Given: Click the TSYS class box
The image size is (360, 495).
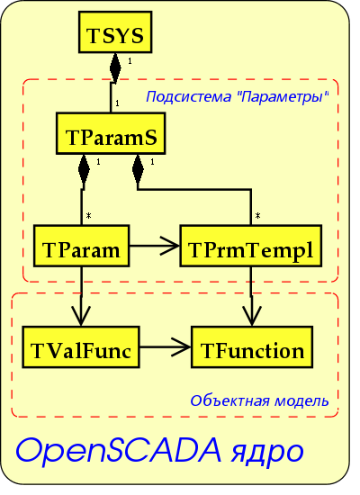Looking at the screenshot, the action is tap(115, 31).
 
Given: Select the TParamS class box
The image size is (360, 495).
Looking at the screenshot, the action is tap(111, 133).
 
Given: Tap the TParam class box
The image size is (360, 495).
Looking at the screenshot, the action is tap(82, 246).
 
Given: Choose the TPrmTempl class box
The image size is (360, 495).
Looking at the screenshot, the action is tap(251, 246).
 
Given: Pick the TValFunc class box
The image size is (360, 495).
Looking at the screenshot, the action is tap(81, 346).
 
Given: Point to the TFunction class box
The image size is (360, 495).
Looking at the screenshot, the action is tap(252, 346).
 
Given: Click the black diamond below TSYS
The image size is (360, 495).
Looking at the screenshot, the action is tap(115, 68).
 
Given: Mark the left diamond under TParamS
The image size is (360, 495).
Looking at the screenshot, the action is tap(84, 169).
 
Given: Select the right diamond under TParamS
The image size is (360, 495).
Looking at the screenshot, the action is tap(138, 169).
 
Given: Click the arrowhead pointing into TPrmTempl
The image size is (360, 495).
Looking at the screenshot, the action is tap(170, 246).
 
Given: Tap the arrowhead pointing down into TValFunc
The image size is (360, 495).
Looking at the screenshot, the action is tap(81, 316).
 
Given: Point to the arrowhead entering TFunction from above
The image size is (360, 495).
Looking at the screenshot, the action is tap(252, 316).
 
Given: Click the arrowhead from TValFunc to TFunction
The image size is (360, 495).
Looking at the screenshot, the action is tap(182, 346).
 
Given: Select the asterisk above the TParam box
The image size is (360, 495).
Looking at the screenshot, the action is tap(89, 216).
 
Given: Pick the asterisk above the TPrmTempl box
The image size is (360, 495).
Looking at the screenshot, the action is tap(257, 216).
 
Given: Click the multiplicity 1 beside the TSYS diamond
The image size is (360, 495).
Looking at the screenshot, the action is tap(130, 61).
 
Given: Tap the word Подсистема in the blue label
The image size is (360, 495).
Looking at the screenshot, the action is tap(188, 96).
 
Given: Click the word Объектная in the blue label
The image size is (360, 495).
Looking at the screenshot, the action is tap(230, 400).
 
